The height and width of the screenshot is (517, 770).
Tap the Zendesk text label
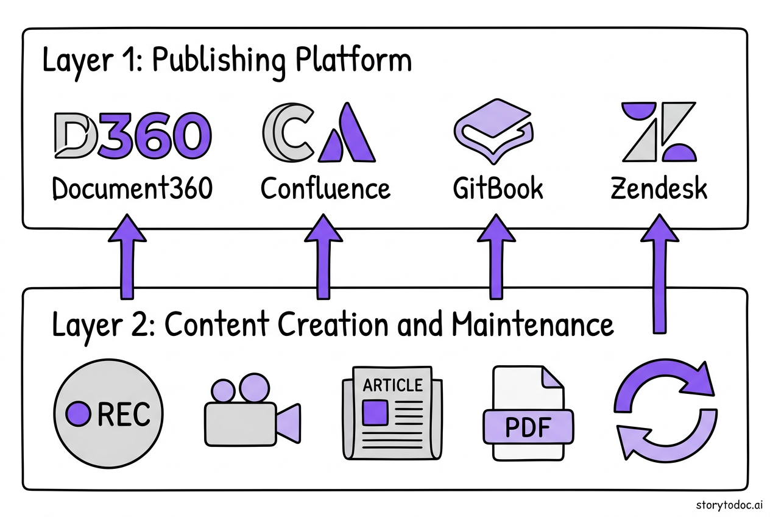point(659,189)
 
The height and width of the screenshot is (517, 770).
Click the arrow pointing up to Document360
point(128,256)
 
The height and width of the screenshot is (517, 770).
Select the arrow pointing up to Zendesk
point(657,271)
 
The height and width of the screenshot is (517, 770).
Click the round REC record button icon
point(109,415)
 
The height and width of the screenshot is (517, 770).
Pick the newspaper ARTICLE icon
point(392,413)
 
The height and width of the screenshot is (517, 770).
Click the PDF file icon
point(528,414)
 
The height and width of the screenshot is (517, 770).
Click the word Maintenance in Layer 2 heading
point(532,324)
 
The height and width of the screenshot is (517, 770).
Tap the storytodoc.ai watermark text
point(729,504)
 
